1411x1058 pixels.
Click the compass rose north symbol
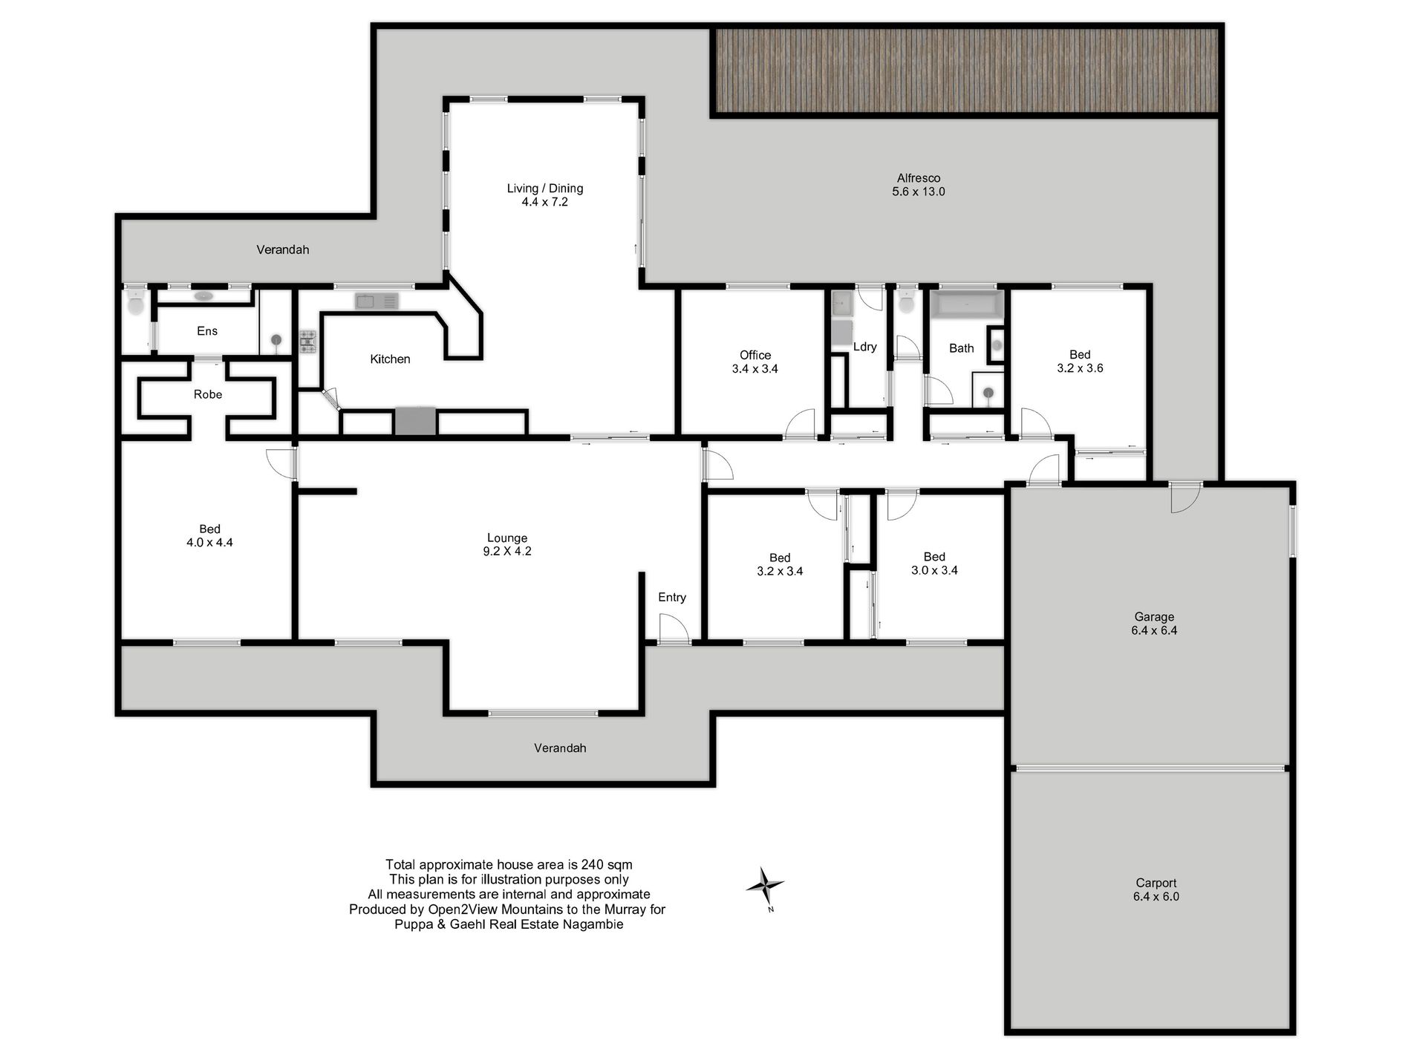[x=765, y=886]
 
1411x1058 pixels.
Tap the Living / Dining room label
[x=544, y=195]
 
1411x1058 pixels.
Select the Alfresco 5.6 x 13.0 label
[x=918, y=185]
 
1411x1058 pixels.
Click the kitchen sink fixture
[x=377, y=301]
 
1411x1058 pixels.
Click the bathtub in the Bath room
[x=966, y=305]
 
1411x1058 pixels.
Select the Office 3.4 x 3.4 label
[x=755, y=362]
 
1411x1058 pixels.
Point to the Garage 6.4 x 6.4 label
[x=1154, y=624]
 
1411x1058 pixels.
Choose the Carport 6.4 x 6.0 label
[x=1156, y=889]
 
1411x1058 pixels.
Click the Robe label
[x=208, y=394]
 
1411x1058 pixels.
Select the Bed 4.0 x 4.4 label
[x=209, y=535]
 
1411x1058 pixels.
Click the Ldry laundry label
[x=864, y=347]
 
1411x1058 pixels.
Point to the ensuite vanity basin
[x=203, y=296]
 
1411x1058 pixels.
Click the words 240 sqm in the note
[x=608, y=864]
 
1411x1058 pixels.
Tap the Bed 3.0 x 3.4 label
[x=934, y=564]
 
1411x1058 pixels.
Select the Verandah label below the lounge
[x=560, y=748]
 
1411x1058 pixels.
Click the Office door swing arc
[x=799, y=425]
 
